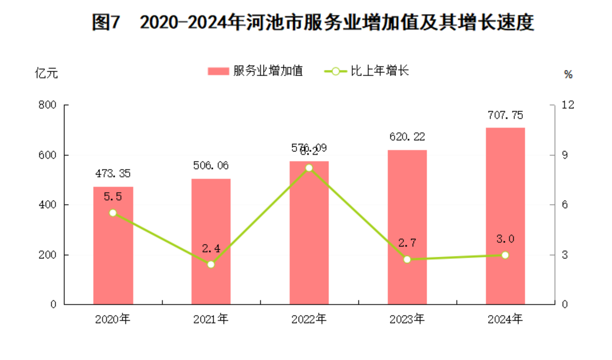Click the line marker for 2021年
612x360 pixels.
[211, 264]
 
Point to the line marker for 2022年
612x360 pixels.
[309, 168]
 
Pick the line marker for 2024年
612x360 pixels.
[505, 255]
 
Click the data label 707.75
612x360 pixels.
[505, 115]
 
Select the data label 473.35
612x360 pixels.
[113, 173]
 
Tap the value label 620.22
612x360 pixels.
[407, 137]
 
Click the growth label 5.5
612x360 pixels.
[113, 197]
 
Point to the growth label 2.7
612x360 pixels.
[407, 243]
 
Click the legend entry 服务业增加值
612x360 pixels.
[255, 71]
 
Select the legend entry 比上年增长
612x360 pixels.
[367, 71]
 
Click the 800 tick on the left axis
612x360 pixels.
[47, 105]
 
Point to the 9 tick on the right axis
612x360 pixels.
[565, 155]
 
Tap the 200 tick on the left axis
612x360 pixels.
[47, 255]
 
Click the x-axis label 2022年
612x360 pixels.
[309, 319]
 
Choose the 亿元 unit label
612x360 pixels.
[46, 73]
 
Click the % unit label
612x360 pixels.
[568, 74]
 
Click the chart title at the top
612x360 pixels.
[313, 23]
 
